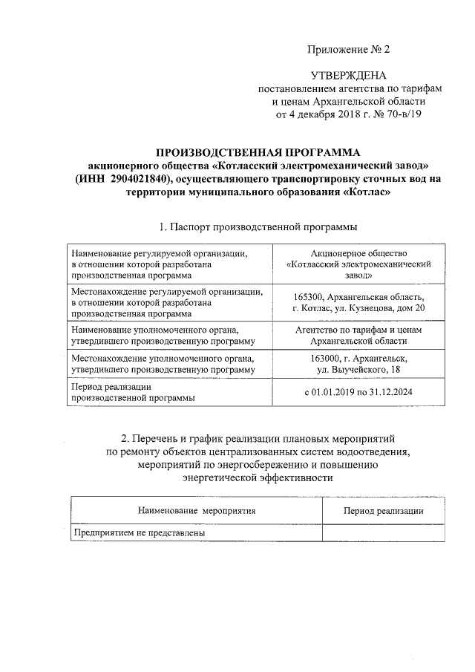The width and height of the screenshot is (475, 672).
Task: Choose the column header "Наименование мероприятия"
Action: click(197, 511)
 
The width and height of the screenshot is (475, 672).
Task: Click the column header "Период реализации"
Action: click(384, 511)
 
